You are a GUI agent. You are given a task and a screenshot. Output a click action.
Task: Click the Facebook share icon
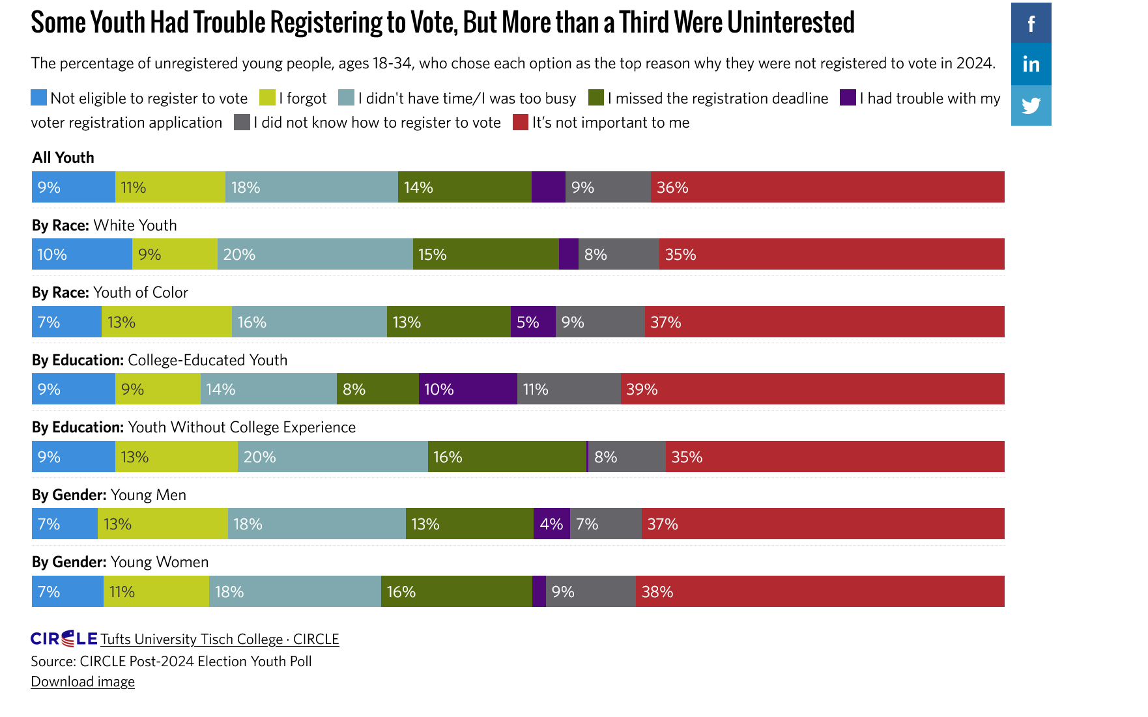(1031, 23)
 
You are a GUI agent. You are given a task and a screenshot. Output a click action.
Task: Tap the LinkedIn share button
(1031, 64)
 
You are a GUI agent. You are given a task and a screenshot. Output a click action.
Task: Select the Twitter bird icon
(1031, 105)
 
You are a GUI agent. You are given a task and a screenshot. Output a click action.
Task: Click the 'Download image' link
(83, 681)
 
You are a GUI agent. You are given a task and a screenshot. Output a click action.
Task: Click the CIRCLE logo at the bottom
(64, 638)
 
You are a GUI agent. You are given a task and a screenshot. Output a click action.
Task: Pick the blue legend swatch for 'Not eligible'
(39, 98)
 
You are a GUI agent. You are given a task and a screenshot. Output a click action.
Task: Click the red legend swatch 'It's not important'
(520, 122)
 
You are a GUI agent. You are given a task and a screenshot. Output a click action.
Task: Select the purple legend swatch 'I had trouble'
(848, 98)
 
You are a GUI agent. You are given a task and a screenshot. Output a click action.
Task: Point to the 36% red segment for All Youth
(827, 188)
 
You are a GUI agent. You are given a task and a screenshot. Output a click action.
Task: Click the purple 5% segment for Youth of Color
(533, 322)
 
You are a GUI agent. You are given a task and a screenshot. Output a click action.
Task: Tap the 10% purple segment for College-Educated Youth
(468, 389)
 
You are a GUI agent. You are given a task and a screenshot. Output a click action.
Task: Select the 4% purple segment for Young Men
(552, 524)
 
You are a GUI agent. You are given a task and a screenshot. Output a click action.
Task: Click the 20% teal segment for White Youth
(315, 255)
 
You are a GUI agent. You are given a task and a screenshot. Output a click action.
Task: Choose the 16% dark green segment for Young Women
(456, 591)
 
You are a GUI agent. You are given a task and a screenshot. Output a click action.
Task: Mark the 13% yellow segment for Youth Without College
(177, 457)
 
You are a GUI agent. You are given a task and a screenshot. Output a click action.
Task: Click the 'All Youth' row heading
(63, 158)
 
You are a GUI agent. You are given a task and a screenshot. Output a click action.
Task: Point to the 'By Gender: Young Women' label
(121, 562)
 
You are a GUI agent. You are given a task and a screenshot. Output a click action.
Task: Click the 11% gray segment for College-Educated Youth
(569, 389)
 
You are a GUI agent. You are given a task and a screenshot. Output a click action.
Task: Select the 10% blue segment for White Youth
(82, 255)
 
